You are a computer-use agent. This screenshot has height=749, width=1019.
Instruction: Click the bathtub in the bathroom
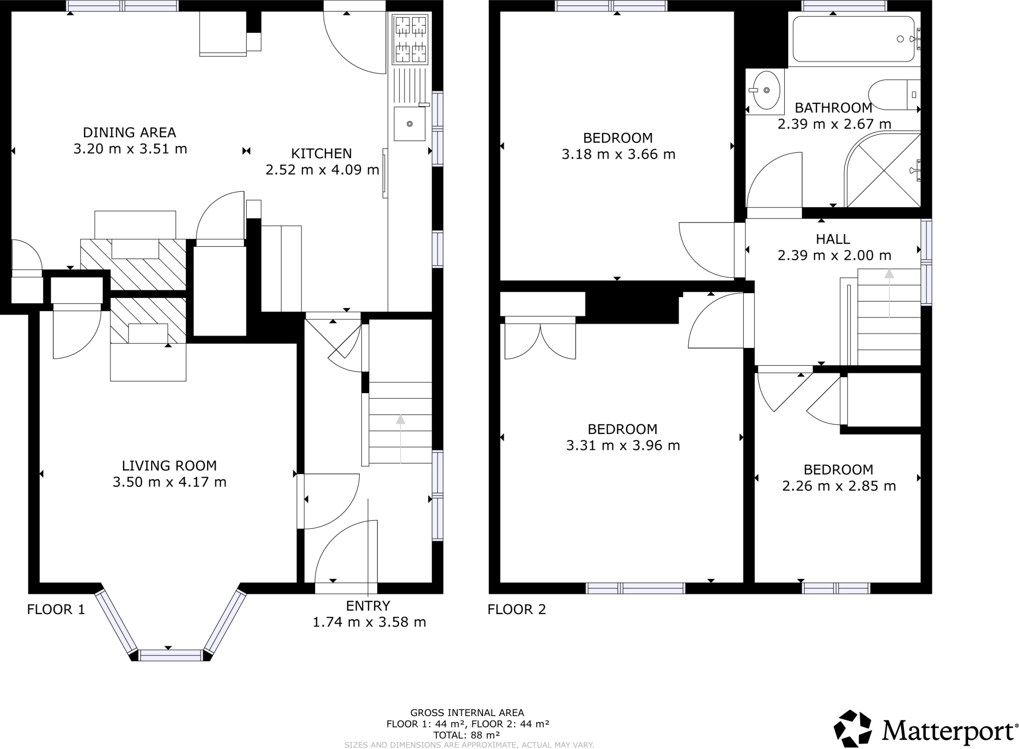tap(853, 39)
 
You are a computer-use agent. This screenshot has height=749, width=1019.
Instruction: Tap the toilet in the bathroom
tap(893, 95)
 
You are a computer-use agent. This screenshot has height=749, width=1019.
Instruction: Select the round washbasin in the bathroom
tap(766, 90)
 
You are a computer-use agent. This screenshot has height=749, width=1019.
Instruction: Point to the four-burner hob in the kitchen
tap(410, 39)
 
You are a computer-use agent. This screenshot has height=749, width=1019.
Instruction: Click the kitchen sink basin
tap(410, 123)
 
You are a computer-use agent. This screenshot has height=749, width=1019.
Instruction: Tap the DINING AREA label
tap(129, 132)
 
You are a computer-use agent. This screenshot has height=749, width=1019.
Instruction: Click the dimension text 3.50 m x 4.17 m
tap(169, 482)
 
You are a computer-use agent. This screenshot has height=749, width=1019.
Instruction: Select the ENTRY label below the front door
tap(368, 606)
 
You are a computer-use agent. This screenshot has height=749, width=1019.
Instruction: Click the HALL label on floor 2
tap(833, 239)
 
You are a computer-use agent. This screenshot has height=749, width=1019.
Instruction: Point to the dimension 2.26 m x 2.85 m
tap(839, 486)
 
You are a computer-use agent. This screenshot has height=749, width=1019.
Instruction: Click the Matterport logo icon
tap(852, 729)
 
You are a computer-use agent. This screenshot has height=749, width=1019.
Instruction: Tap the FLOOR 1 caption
tap(56, 609)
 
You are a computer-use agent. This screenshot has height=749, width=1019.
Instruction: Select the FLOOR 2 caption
tap(516, 609)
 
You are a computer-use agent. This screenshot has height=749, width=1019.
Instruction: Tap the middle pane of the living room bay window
tap(171, 655)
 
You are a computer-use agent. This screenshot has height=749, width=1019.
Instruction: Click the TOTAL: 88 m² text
tap(466, 735)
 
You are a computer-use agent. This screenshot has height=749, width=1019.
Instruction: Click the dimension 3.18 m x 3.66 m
tap(618, 154)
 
